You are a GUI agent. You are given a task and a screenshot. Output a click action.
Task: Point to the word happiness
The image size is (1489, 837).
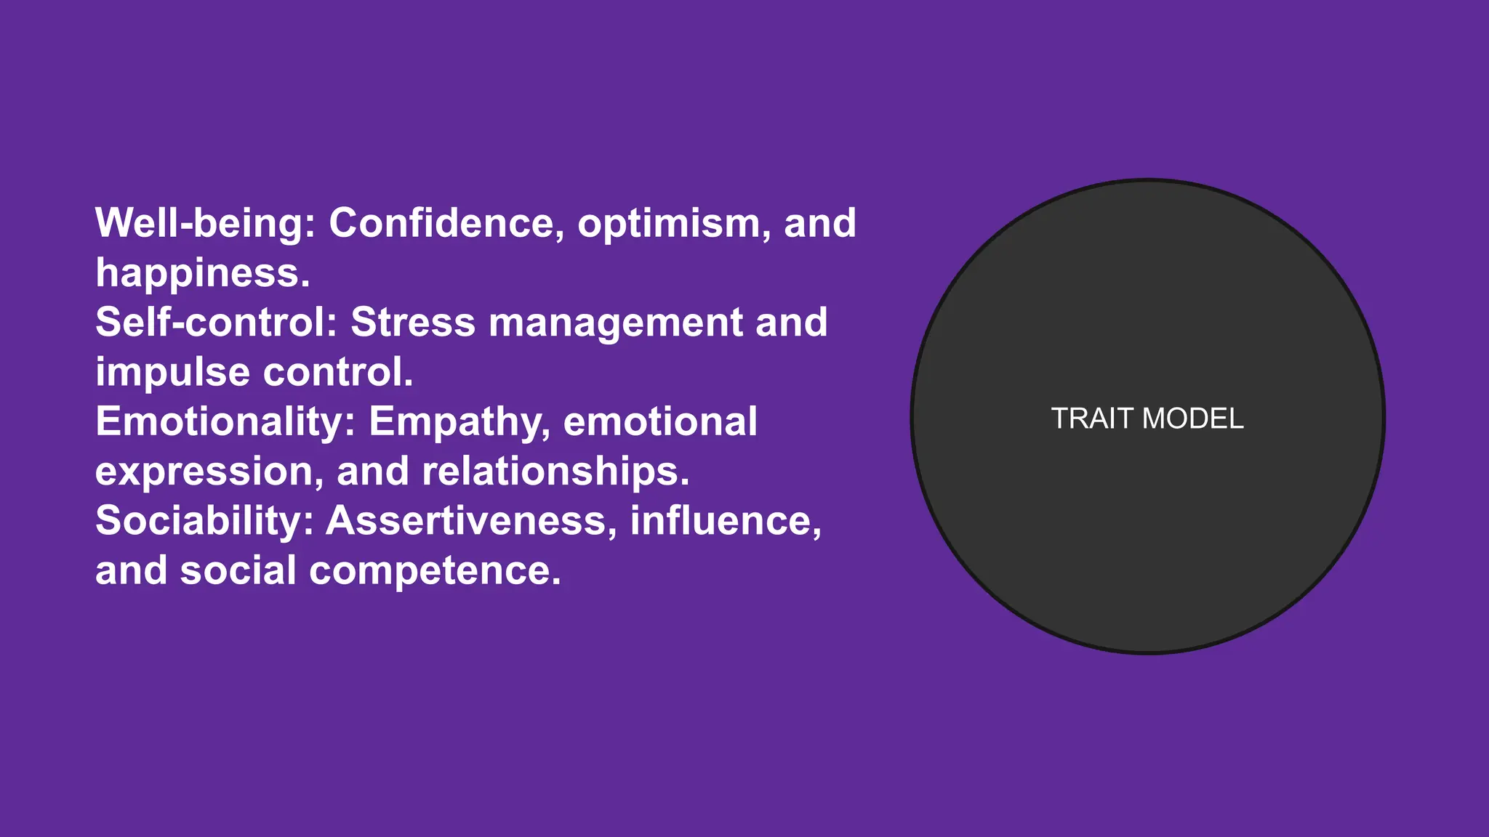point(203,273)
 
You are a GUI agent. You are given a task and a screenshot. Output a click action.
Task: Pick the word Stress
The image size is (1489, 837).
point(413,323)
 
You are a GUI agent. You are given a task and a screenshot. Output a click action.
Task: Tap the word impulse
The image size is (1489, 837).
point(173,373)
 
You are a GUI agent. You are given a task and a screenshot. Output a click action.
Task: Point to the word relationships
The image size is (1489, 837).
point(555,472)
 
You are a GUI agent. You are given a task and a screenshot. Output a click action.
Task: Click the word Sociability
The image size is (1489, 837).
point(204,522)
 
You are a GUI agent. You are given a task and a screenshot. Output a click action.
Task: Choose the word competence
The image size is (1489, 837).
point(435,572)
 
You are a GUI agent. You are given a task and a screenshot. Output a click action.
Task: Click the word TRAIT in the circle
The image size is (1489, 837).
point(1093,419)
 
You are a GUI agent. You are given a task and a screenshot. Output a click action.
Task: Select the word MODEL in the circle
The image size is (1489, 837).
point(1193,419)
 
